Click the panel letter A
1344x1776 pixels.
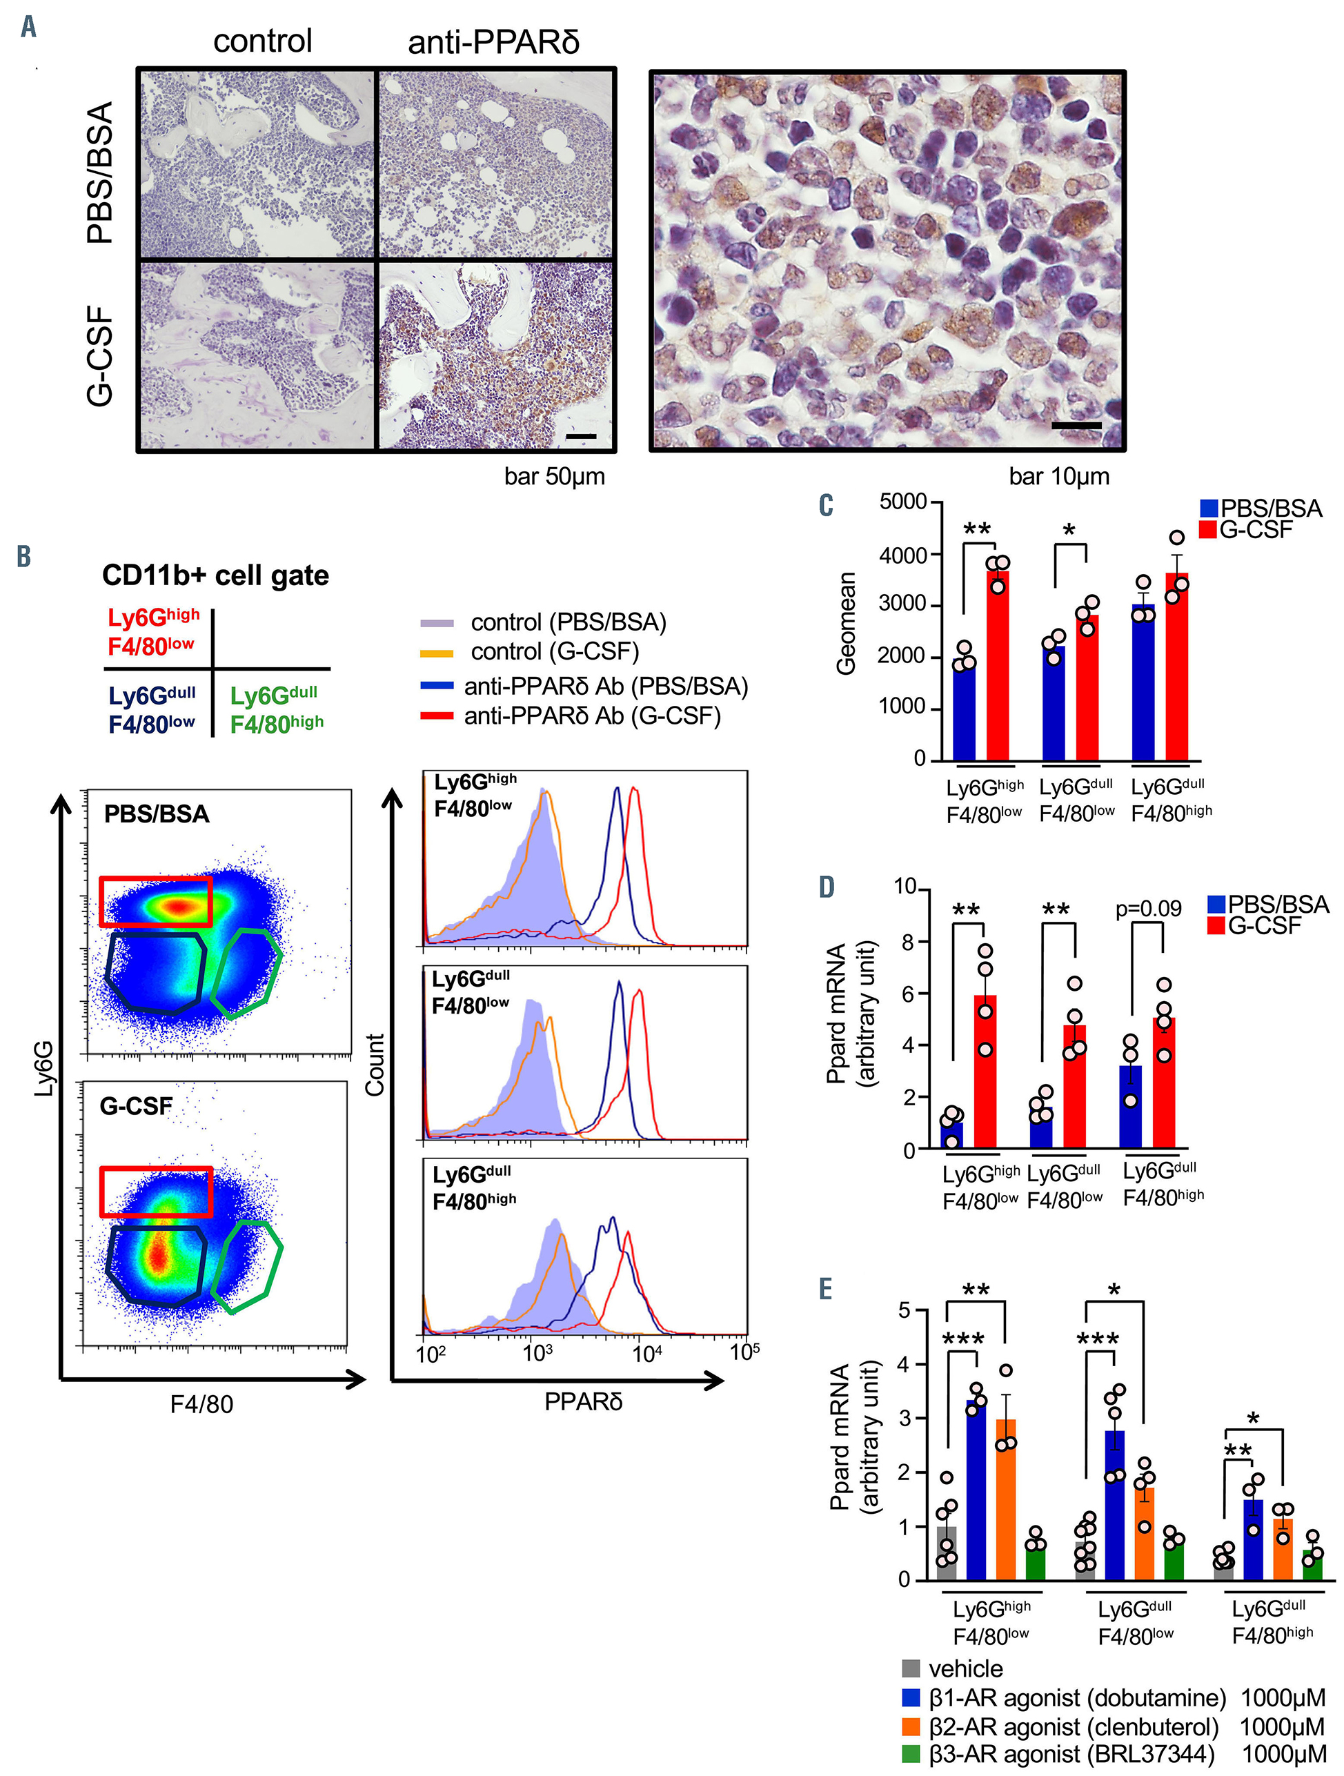pos(29,28)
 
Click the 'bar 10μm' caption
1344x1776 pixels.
pos(1058,477)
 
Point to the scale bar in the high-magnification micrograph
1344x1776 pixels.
pos(1076,425)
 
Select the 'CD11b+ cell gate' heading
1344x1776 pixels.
pos(215,575)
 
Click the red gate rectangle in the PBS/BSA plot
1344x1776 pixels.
pos(156,902)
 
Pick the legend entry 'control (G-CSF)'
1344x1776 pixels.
pos(554,651)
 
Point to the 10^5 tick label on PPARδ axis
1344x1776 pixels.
pos(744,1352)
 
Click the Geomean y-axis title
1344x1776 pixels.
pos(845,623)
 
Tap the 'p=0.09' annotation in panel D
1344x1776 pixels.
pos(1148,908)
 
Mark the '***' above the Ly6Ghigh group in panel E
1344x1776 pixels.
pos(962,1340)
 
